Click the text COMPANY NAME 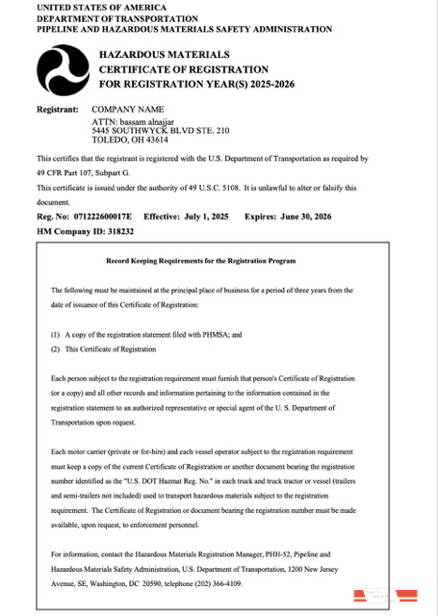coord(128,110)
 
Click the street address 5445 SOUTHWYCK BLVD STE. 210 coord(160,129)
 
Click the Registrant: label coord(57,110)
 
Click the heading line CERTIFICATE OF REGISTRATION coord(184,70)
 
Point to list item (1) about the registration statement coord(145,333)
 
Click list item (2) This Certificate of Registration coord(103,348)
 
